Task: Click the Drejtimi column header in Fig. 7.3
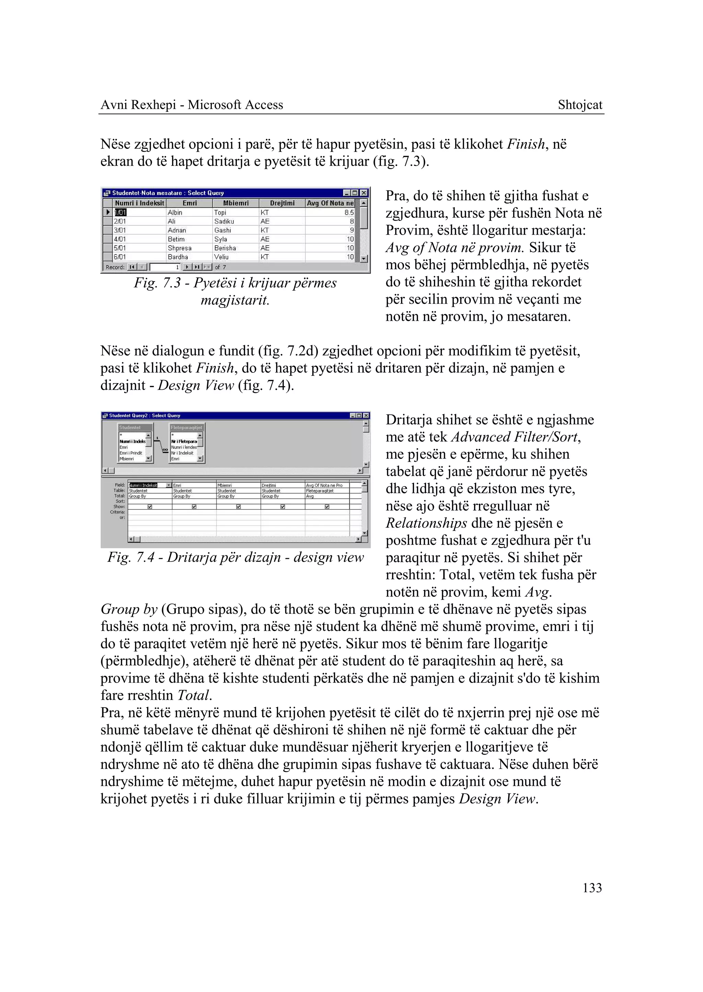tap(282, 203)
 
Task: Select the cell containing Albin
tap(175, 212)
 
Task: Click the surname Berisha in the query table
tap(225, 248)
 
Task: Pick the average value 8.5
tap(349, 212)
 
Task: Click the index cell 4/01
tap(120, 239)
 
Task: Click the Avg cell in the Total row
tap(310, 496)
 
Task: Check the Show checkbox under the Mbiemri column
tap(239, 507)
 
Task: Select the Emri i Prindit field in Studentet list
tap(131, 453)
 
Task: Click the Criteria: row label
tap(117, 512)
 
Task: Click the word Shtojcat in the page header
tap(580, 105)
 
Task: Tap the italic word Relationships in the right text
tap(426, 523)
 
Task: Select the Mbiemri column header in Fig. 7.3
tap(236, 203)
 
